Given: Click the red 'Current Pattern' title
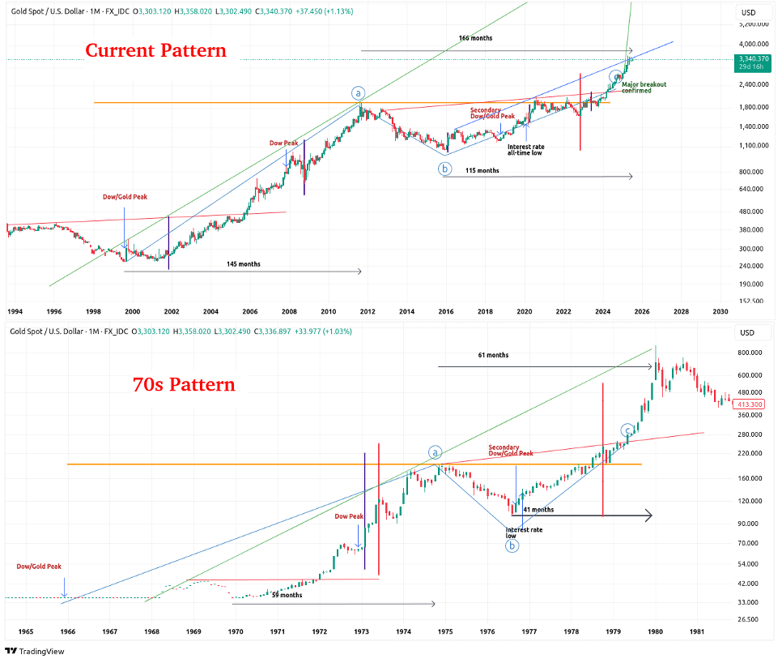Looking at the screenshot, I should pos(156,50).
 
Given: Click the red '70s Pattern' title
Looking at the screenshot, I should pos(184,384).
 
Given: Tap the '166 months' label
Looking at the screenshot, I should pos(475,38).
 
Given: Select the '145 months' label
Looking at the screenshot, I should pos(244,264).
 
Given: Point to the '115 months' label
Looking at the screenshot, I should pos(482,170).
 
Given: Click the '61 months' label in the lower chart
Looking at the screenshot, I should pos(493,355).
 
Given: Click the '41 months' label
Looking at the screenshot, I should pos(538,509).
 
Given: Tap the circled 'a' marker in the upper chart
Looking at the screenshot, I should pos(359,92).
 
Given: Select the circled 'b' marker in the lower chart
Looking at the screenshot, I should pos(513,546).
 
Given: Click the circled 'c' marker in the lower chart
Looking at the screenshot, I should pos(627,430).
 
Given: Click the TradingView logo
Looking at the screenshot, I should pos(34,651).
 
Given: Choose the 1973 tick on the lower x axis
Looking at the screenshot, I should pos(362,631).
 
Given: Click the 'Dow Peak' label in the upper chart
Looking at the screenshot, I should pos(283,143).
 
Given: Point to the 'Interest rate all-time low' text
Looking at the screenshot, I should pos(525,150).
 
